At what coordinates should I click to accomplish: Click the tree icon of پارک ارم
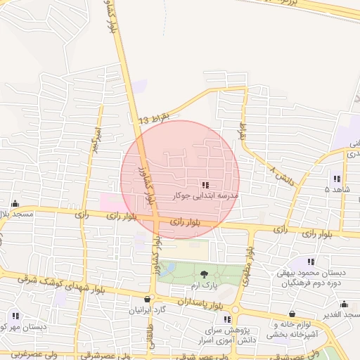pos(203,274)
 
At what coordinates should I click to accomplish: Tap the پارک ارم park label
pos(203,285)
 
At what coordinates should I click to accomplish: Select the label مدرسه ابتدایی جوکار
pos(205,196)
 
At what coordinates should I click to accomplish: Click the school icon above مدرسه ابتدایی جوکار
pos(205,185)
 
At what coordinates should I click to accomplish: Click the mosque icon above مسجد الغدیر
pos(345,304)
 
